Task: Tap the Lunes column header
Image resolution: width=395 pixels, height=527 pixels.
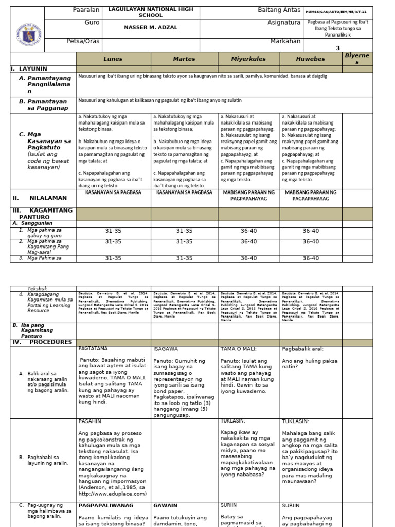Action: [x=113, y=59]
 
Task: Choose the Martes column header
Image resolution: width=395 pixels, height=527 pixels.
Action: [x=184, y=59]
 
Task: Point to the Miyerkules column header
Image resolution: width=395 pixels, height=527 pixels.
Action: [x=248, y=59]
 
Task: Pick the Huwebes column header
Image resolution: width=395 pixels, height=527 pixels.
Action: [x=311, y=59]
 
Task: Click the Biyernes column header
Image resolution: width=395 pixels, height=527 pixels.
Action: [x=357, y=59]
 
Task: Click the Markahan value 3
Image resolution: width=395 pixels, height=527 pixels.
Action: [x=338, y=48]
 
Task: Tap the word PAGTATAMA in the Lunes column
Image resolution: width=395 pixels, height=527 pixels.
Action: [x=94, y=349]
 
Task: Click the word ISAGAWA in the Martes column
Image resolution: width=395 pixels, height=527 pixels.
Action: [x=166, y=349]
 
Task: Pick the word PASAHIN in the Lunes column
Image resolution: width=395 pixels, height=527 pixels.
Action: [x=91, y=421]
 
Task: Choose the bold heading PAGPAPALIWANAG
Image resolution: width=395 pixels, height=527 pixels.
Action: [x=105, y=506]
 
